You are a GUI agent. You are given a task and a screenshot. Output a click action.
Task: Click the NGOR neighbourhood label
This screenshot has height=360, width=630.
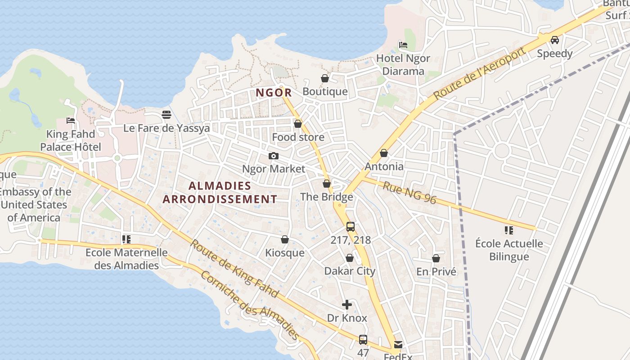[x=274, y=93]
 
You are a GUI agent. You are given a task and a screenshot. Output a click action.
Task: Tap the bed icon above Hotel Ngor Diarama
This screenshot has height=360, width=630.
[x=403, y=45]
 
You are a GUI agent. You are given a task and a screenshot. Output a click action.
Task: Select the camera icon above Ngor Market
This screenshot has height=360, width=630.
[x=273, y=156]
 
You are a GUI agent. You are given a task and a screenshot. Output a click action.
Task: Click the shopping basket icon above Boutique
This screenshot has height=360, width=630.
[x=325, y=78]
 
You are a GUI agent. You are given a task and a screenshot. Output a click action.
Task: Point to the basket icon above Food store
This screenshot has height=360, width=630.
[x=297, y=124]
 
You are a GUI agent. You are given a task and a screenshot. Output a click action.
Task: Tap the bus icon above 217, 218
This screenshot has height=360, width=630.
[x=351, y=227]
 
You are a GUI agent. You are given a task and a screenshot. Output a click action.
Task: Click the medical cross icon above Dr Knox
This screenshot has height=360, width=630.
[x=346, y=305]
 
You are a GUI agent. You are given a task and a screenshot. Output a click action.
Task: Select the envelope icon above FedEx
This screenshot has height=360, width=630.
[x=398, y=345]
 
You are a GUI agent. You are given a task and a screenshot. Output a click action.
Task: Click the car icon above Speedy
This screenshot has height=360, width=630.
[x=555, y=40]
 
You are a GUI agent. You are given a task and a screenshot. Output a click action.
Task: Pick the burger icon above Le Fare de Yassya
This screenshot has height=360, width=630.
[x=166, y=115]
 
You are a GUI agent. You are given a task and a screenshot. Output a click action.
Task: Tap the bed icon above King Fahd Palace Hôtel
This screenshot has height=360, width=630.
[x=71, y=121]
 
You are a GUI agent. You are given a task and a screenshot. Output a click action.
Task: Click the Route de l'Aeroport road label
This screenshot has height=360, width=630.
[x=480, y=73]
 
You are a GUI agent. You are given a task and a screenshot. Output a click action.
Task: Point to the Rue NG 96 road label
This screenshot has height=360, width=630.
[x=409, y=193]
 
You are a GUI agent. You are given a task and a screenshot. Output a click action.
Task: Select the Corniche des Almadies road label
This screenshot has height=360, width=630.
[x=250, y=306]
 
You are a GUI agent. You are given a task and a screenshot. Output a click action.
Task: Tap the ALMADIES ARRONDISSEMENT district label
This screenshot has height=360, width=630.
[x=220, y=192]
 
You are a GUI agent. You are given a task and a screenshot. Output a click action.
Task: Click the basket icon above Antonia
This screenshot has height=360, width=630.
[x=384, y=153]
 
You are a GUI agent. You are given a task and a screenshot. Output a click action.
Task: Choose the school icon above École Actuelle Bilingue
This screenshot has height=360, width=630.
[x=509, y=231]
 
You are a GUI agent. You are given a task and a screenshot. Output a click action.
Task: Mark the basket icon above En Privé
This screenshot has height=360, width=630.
[x=436, y=259]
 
